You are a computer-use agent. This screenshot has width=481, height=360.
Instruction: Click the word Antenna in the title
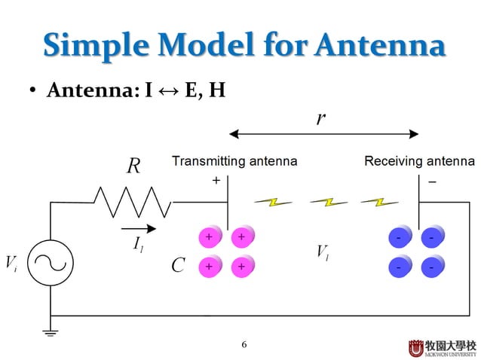coord(380,47)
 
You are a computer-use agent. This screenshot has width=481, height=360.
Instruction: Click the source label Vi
coord(11,264)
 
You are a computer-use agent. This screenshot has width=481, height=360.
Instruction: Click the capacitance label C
coord(177,266)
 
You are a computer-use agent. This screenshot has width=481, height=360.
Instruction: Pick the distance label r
coord(321,119)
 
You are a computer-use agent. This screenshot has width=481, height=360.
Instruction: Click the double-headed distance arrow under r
coord(323,135)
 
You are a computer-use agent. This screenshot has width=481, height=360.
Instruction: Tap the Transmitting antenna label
coord(234,161)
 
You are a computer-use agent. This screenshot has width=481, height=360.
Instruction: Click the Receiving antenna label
coord(419,161)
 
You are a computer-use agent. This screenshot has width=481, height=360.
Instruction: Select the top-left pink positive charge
coord(208,237)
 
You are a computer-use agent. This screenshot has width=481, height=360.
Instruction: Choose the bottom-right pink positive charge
coord(241,267)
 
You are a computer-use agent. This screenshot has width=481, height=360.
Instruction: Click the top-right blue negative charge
coord(430,238)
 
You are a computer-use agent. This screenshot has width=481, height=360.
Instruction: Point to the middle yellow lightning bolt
coord(324,202)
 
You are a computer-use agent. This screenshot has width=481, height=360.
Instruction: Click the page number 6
coord(244,345)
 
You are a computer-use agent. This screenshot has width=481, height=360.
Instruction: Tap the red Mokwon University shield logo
coord(417,348)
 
